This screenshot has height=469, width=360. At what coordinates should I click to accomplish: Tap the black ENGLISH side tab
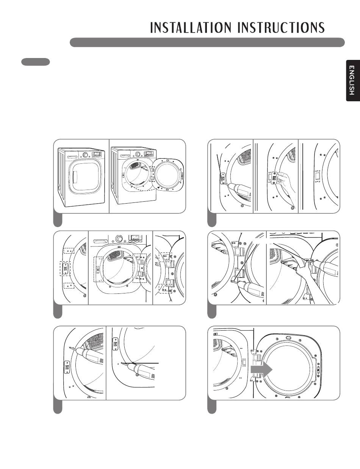coord(353,80)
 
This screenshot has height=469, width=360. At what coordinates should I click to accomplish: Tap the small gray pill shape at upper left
coord(36,62)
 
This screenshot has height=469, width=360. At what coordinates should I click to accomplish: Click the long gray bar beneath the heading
coord(207,42)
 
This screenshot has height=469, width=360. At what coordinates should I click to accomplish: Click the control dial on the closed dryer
coord(85,155)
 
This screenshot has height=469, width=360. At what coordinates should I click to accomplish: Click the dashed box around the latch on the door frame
coord(65,268)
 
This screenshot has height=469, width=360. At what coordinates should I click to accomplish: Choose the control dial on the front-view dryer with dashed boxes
coord(118,238)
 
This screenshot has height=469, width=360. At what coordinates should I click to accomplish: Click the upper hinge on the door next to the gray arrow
coord(257,357)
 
